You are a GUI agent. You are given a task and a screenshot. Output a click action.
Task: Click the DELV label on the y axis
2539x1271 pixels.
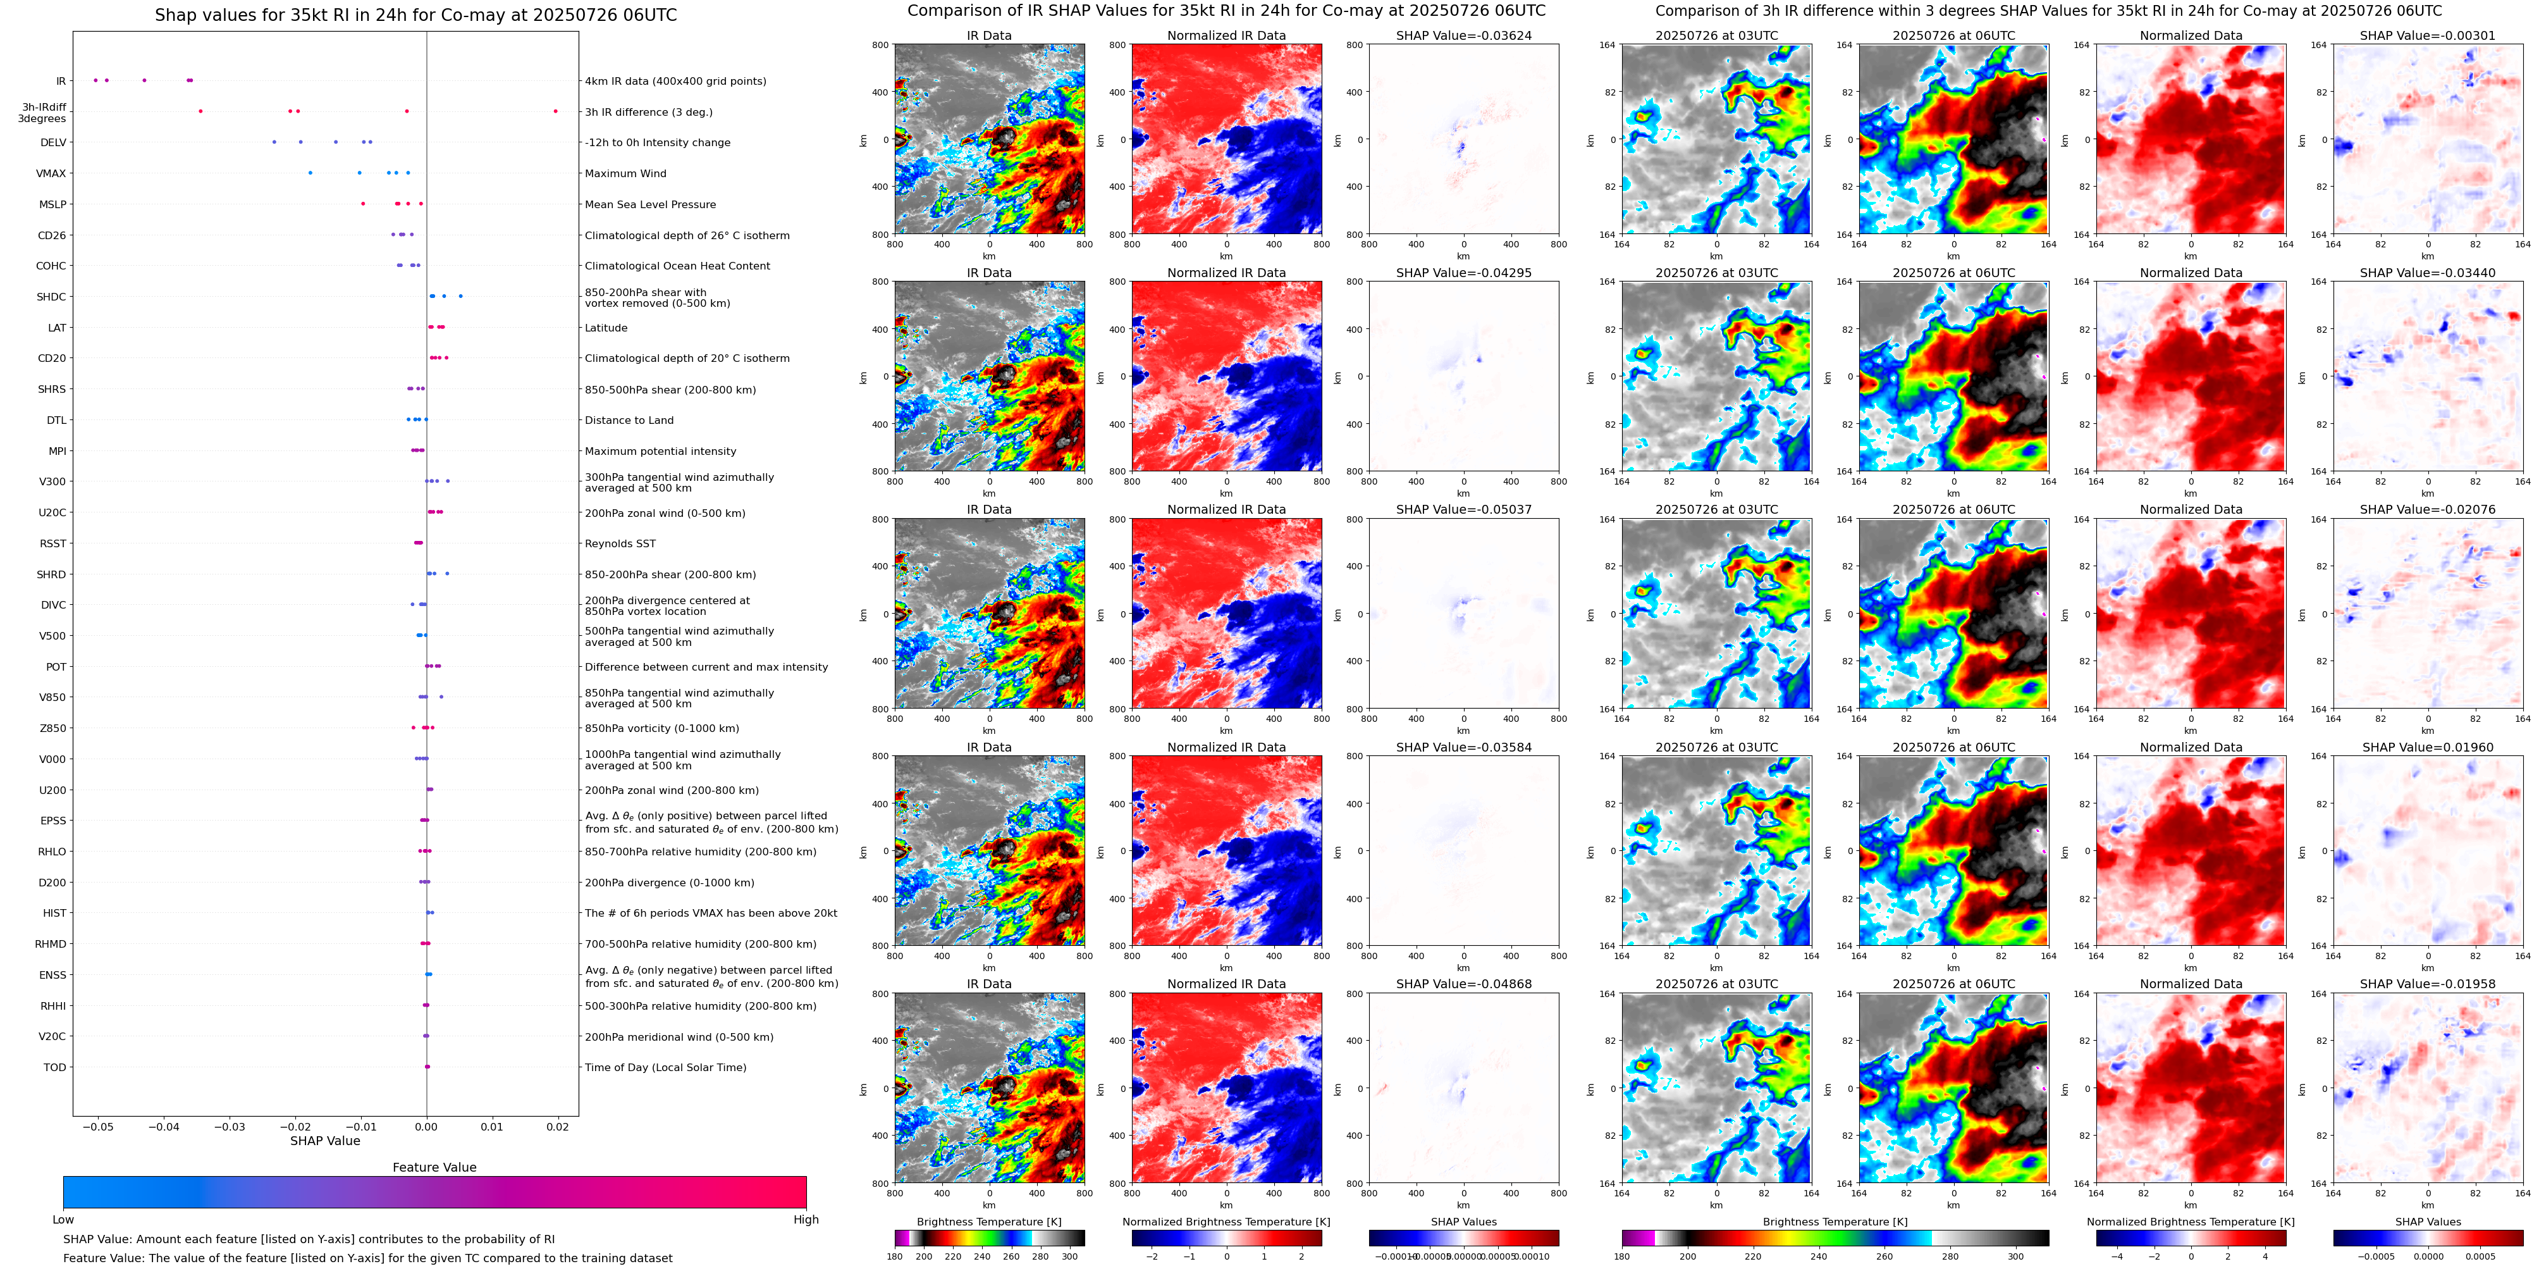click(x=53, y=143)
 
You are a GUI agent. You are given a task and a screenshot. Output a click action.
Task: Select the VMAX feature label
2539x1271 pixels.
click(x=51, y=173)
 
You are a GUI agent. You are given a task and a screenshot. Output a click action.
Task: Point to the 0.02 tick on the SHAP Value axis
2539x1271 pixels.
click(x=558, y=1126)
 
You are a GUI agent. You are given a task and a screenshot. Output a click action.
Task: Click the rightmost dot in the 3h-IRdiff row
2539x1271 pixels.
click(x=555, y=111)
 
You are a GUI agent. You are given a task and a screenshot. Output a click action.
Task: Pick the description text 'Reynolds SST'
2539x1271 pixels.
click(x=620, y=543)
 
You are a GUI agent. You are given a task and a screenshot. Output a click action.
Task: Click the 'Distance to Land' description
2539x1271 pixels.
click(x=629, y=420)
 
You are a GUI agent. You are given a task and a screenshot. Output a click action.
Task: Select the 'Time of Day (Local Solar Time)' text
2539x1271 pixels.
click(x=665, y=1067)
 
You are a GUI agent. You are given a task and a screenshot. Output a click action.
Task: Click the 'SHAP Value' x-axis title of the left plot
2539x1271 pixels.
click(x=325, y=1141)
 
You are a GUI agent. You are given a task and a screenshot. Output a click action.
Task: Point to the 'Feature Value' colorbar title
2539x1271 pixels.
click(x=434, y=1167)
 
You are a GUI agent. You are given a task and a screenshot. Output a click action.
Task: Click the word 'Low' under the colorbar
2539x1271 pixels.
click(x=63, y=1220)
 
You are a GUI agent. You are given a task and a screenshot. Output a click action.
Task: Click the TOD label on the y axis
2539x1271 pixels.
click(x=55, y=1067)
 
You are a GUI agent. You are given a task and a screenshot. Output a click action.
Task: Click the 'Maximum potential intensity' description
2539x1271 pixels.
click(x=660, y=452)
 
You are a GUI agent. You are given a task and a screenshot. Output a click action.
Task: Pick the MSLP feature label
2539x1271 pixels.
click(x=53, y=204)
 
